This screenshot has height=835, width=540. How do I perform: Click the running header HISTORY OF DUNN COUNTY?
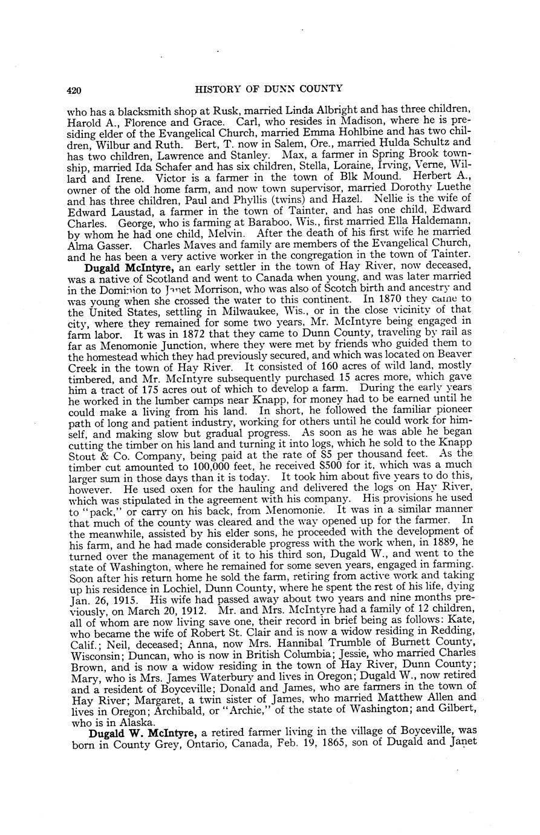pyautogui.click(x=269, y=89)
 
